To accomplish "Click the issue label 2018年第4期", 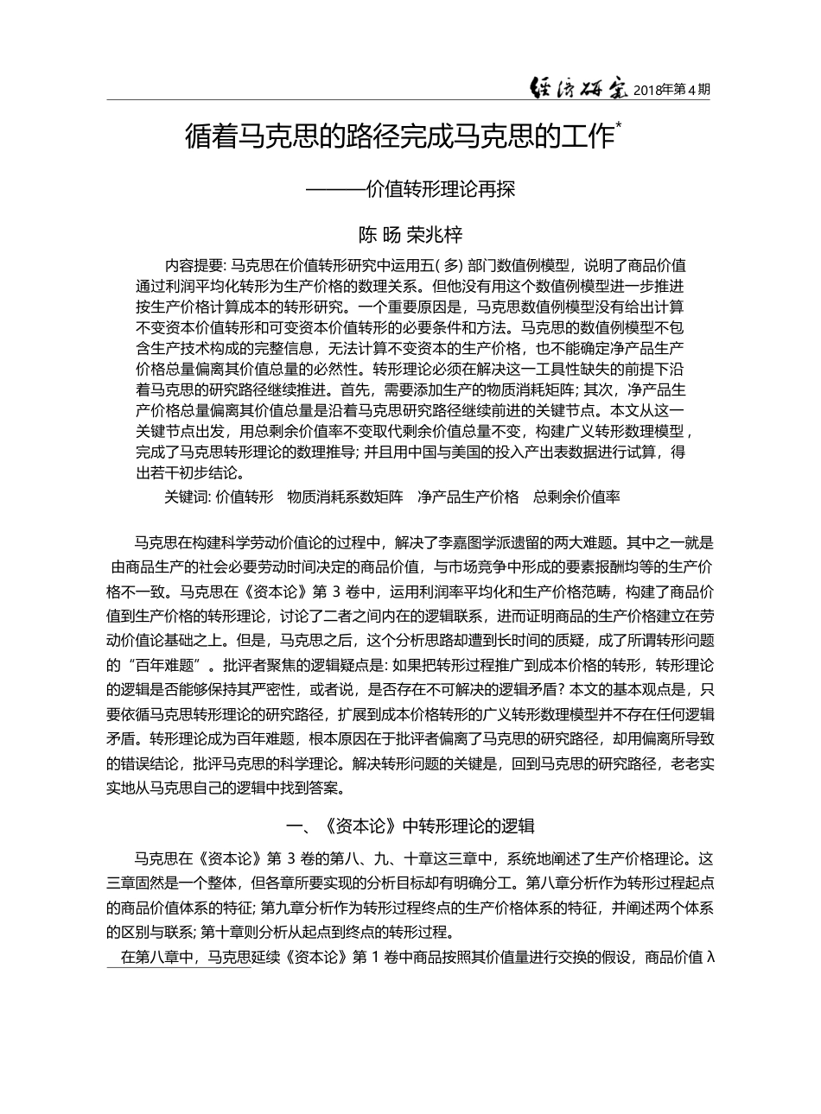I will pos(671,89).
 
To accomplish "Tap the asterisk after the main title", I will pos(618,127).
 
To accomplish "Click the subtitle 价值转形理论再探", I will pos(440,189).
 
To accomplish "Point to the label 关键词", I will pos(186,497).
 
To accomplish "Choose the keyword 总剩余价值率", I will pos(576,497).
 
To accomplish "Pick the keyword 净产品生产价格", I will pos(468,497).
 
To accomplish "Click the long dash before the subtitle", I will pos(335,189).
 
